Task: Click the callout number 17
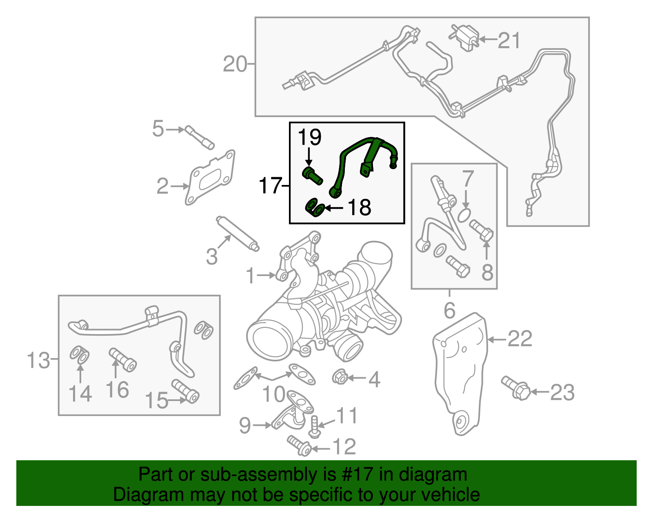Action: coord(271,186)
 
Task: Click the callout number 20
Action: coord(235,65)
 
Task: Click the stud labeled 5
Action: coord(200,138)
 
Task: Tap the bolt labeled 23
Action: coord(516,388)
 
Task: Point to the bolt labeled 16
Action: coord(122,360)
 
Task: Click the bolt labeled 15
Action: coord(185,391)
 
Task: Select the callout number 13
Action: coord(38,361)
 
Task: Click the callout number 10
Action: coord(273,394)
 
